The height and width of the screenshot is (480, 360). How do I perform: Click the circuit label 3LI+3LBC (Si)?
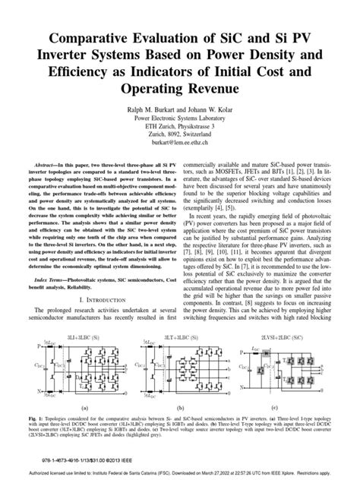click(x=84, y=333)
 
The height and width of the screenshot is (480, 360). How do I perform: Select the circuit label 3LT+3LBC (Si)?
click(x=177, y=333)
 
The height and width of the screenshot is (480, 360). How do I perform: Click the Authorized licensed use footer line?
click(x=180, y=472)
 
